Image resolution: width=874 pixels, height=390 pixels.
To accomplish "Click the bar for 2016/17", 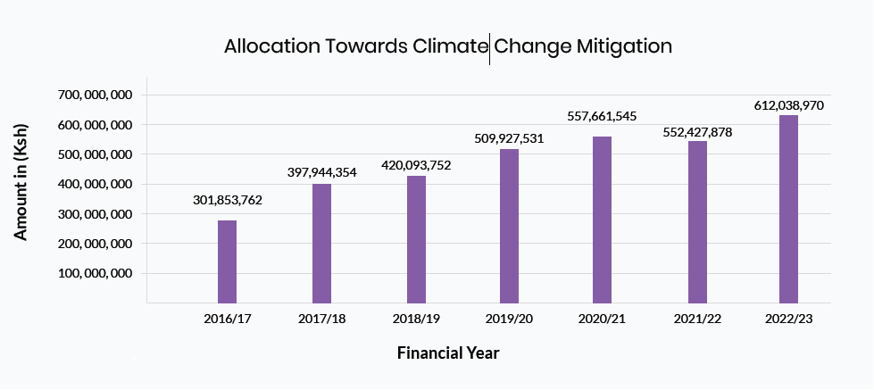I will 227,261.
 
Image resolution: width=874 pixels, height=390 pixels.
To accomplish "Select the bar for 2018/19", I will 416,239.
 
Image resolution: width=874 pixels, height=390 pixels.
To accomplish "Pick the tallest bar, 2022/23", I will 788,209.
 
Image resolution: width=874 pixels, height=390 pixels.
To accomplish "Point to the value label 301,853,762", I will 228,200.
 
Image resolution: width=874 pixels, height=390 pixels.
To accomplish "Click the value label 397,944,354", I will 321,172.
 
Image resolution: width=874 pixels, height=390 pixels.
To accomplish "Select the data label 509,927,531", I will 509,138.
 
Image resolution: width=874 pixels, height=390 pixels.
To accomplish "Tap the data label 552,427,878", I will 697,132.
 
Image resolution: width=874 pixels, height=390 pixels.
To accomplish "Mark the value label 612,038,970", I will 789,105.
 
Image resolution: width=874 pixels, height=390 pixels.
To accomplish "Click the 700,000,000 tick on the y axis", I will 96,95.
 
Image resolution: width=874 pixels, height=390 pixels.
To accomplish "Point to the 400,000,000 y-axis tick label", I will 96,184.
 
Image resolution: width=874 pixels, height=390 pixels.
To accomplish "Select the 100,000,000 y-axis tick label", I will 96,273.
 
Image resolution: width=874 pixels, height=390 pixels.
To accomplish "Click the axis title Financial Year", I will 448,353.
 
